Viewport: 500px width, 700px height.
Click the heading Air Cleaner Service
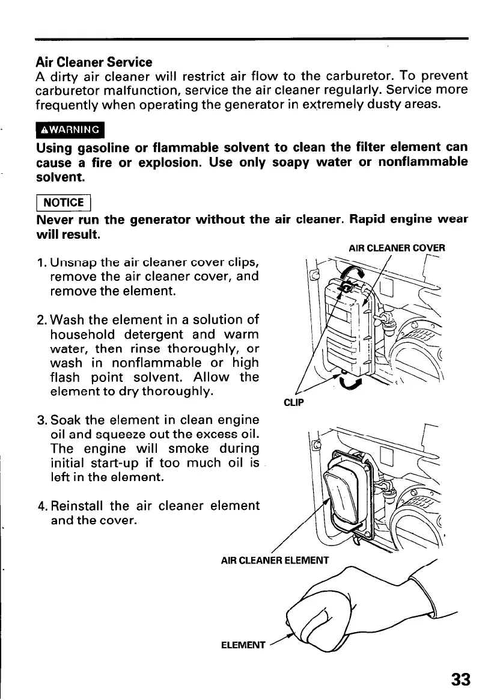pos(94,62)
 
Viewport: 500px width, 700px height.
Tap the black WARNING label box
pos(70,130)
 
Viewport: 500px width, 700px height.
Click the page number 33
pos(460,680)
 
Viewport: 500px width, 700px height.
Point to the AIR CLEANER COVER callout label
pos(397,248)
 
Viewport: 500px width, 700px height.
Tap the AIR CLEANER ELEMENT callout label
pos(275,561)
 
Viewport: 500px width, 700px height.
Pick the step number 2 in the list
pos(40,319)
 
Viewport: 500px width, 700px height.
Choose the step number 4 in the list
pos(40,506)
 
